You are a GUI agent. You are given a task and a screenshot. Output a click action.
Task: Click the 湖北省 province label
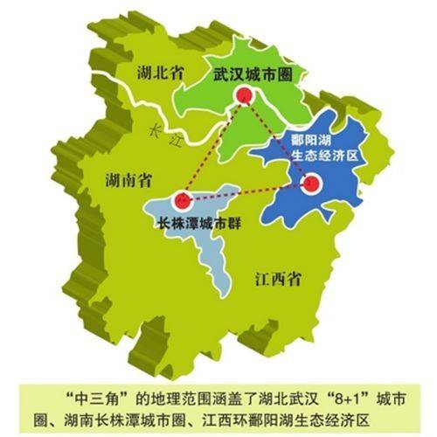point(159,75)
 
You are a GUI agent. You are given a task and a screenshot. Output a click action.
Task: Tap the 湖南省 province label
point(126,181)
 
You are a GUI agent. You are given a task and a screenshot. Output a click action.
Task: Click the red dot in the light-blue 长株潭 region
point(181,198)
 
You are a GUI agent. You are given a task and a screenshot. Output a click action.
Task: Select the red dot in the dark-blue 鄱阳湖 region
point(311,184)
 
